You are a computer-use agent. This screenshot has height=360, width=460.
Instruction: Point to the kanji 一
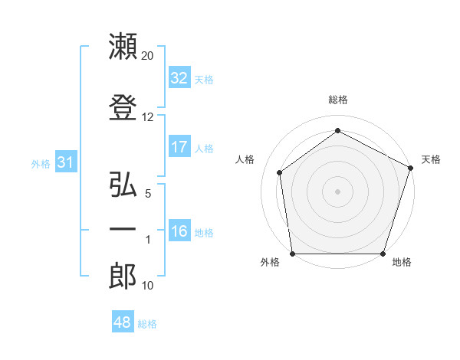tap(123, 229)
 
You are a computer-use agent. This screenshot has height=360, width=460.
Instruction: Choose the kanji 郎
tap(123, 277)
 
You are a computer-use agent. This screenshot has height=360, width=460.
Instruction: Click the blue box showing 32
tap(179, 78)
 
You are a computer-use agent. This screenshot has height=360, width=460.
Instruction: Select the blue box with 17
tap(179, 147)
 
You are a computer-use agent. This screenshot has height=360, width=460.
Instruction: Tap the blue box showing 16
tap(179, 231)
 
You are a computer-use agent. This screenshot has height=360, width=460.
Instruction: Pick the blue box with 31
tap(64, 162)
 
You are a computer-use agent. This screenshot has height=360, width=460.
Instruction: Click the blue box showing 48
tap(123, 322)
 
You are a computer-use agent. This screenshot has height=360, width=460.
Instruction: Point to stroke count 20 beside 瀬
tap(148, 56)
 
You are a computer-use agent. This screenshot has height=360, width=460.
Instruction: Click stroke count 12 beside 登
tap(148, 117)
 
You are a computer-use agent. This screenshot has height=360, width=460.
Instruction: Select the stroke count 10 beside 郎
tap(148, 286)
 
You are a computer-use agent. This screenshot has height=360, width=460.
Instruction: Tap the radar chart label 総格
tap(338, 100)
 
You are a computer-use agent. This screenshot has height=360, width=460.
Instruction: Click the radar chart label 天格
tap(431, 159)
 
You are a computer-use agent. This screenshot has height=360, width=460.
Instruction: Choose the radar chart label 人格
tap(245, 159)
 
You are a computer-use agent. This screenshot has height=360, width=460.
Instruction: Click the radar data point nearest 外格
tap(292, 254)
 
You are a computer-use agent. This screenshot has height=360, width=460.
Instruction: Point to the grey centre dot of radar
tap(338, 191)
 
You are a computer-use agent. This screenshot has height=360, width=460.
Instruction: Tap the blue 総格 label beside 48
tap(147, 324)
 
